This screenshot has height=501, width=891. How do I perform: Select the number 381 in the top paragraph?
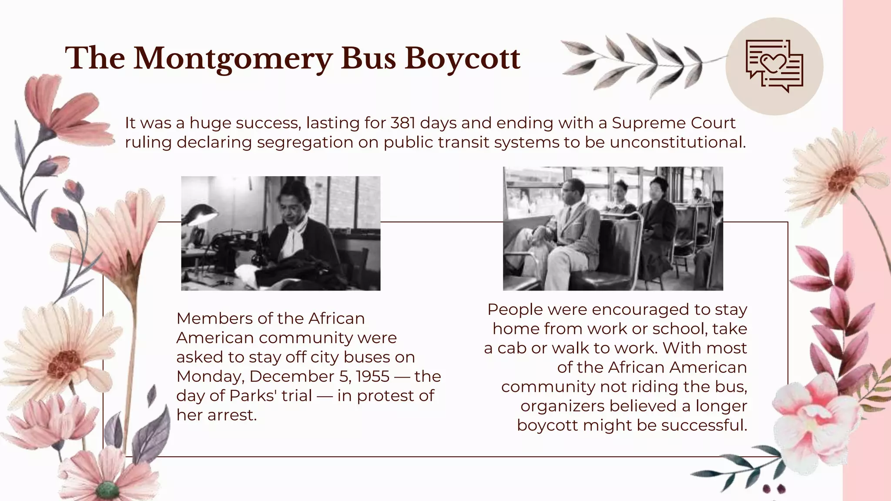[x=403, y=123]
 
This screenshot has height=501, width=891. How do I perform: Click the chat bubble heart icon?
[x=774, y=66]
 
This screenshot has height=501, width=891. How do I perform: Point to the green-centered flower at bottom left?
[x=107, y=489]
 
